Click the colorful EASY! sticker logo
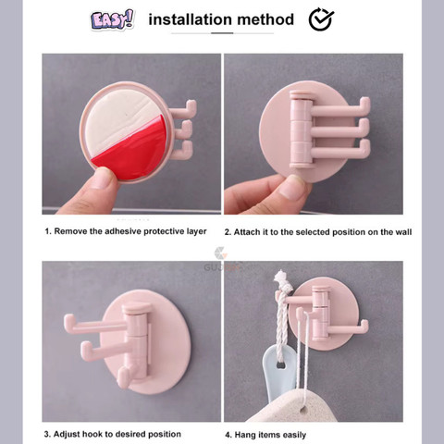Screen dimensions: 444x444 (x=113, y=19)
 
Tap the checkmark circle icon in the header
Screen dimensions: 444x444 (x=321, y=19)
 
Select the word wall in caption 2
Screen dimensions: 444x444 (x=403, y=232)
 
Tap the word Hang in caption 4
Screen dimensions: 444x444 (x=241, y=435)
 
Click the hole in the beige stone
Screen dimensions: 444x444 (x=303, y=411)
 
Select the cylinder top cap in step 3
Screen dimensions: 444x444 (x=137, y=307)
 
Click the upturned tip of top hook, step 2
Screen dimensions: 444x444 (x=365, y=102)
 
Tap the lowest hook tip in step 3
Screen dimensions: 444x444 (x=122, y=376)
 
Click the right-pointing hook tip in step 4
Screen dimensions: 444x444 (x=364, y=325)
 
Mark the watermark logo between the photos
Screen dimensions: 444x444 (x=221, y=253)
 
